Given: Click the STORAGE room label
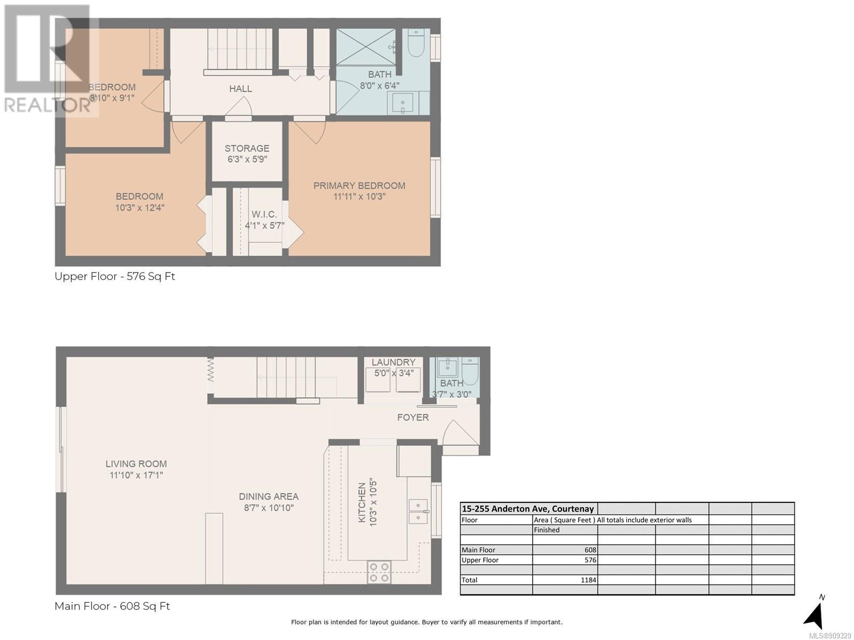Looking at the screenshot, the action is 247,148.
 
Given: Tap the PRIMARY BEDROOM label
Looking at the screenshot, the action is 359,186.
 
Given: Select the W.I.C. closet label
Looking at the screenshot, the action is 264,214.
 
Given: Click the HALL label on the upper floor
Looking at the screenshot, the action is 240,89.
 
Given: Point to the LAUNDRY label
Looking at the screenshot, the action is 393,362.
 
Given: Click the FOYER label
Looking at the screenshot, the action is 413,418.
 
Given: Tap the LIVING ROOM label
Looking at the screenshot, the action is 136,463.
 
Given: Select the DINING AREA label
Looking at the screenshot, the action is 268,496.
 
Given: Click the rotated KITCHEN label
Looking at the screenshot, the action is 362,502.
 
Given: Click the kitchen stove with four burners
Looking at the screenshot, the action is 379,572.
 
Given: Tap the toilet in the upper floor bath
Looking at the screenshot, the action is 415,43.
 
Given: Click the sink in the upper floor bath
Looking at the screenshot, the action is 402,102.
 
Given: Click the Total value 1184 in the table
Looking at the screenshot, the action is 589,580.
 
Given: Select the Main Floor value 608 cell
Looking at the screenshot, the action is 590,550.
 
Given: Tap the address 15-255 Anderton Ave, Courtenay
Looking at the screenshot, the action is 527,509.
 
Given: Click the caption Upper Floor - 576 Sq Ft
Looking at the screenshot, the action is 115,276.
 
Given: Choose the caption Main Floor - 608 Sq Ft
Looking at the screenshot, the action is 112,606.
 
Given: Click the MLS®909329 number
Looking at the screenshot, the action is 831,636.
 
